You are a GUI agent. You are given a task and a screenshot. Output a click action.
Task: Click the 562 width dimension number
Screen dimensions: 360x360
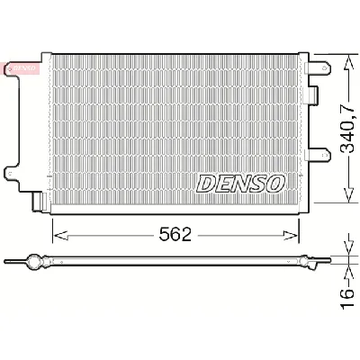176,235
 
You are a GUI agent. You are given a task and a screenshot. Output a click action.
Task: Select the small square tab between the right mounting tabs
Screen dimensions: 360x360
310,94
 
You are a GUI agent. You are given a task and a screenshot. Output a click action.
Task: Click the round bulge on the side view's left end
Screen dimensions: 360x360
37,261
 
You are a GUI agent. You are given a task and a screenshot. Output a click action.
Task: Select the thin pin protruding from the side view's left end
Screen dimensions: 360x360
11,262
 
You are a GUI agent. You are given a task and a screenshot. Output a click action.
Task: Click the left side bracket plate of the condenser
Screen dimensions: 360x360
27,126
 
